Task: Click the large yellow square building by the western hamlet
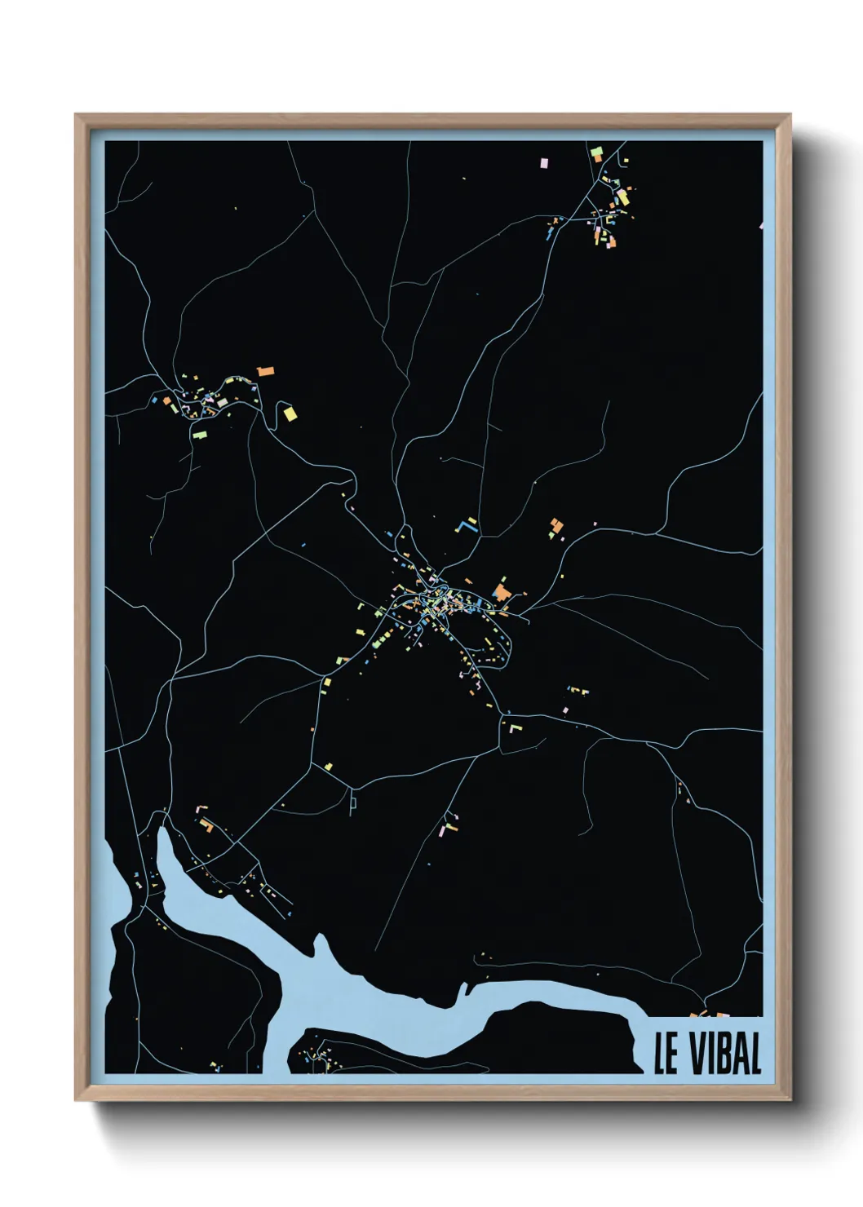(x=290, y=413)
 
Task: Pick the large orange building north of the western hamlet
(x=266, y=372)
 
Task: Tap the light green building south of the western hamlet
(x=200, y=433)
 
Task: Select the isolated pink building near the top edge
(x=544, y=163)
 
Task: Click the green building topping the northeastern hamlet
(x=597, y=153)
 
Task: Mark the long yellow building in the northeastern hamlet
(x=623, y=197)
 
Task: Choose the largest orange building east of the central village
(x=501, y=590)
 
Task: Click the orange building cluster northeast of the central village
(x=556, y=527)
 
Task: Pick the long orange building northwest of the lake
(x=206, y=825)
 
